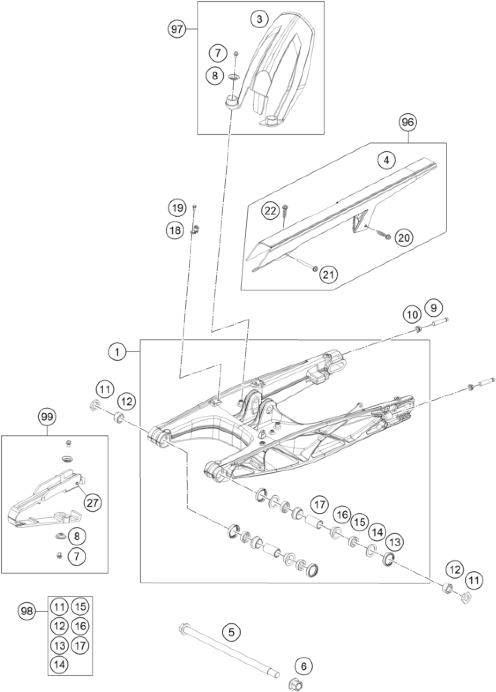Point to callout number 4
[387, 161]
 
